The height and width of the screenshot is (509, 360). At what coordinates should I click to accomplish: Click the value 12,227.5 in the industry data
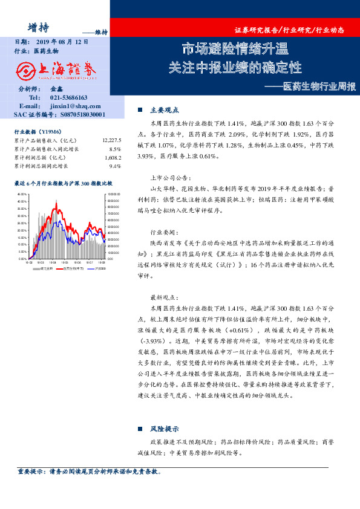click(x=112, y=140)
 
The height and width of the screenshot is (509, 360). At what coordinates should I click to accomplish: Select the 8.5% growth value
click(x=115, y=149)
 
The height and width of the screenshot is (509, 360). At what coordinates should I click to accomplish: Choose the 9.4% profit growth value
click(x=115, y=166)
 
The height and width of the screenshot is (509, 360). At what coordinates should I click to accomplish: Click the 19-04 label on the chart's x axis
click(x=53, y=263)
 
